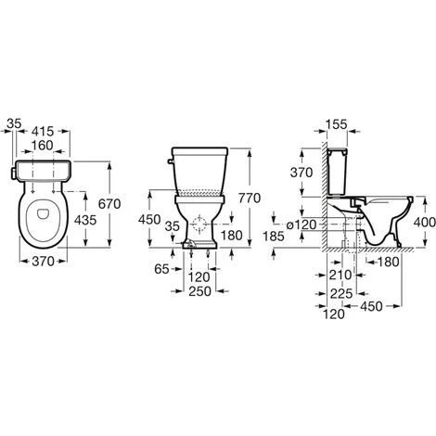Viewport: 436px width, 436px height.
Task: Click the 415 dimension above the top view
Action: point(43,132)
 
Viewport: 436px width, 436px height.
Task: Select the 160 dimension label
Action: point(43,146)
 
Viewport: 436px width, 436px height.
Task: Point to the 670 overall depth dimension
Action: point(109,204)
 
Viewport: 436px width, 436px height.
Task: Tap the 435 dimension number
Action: point(85,220)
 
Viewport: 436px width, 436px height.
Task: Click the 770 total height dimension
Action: point(250,198)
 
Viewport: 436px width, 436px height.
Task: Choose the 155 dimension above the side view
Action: point(337,124)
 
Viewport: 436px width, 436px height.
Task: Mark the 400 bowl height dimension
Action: point(425,222)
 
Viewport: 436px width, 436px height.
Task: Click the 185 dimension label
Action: point(274,237)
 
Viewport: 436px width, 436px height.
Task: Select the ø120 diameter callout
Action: point(301,224)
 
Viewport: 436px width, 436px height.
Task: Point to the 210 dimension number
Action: point(340,275)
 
